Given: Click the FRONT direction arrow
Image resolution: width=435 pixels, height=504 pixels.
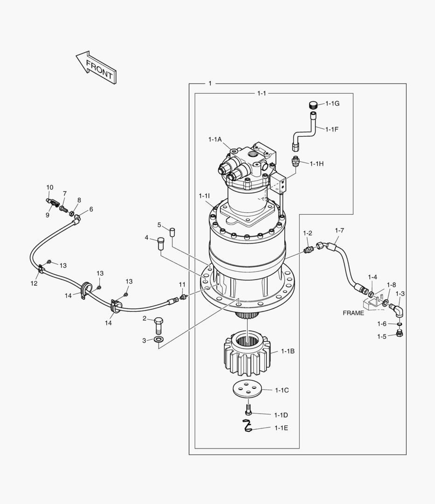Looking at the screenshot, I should tap(96, 68).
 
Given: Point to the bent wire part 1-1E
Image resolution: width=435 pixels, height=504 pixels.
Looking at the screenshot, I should tap(247, 426).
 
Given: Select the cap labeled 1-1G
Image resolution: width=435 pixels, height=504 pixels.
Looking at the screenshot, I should tap(313, 104).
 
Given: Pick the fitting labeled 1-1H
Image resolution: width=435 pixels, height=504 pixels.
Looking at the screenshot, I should tap(295, 162).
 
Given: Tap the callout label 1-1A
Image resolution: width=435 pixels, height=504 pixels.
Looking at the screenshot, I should tap(215, 139).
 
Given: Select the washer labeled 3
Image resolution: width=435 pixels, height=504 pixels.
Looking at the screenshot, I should tap(158, 340).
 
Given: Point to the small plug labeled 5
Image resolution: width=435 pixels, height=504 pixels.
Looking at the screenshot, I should tap(172, 231).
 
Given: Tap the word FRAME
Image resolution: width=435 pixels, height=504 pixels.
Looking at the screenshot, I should tap(353, 313).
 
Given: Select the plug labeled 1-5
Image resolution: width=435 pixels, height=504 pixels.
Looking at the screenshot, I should tap(399, 333).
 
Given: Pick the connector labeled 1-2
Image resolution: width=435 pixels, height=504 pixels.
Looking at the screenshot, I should tap(308, 250).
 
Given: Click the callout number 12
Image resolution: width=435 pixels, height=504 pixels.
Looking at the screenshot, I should tap(34, 283).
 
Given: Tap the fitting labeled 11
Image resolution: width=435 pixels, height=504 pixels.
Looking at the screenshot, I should tap(183, 296).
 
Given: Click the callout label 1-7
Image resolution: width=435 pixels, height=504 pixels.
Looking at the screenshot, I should tap(339, 231).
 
